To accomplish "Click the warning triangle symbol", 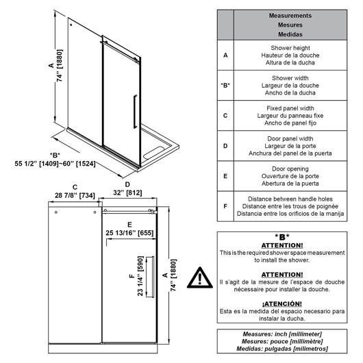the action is (x=199, y=278).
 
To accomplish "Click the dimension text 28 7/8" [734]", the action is (x=75, y=196).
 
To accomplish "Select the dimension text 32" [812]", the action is (x=127, y=193).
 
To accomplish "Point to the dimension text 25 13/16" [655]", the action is (x=129, y=233).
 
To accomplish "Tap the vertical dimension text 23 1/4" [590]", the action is (x=140, y=276).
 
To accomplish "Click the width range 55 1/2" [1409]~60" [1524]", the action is (x=55, y=164).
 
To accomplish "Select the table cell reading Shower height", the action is (x=290, y=48).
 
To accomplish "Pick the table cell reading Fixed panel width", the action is (x=290, y=108).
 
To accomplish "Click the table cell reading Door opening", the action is (x=290, y=168).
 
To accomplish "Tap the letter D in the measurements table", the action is (x=225, y=146).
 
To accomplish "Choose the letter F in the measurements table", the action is (x=225, y=206).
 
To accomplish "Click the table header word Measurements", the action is (x=290, y=16).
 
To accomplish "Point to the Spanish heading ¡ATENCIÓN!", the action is (x=282, y=303).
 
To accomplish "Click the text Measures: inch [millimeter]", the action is (x=282, y=334).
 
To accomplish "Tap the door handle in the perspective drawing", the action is (x=135, y=112).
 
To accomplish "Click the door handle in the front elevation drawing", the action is (x=152, y=277).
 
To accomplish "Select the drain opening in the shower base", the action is (x=153, y=153).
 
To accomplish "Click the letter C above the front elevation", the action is (x=75, y=187).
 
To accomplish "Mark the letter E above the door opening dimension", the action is (x=129, y=225).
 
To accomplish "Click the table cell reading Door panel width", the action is (x=290, y=138).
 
